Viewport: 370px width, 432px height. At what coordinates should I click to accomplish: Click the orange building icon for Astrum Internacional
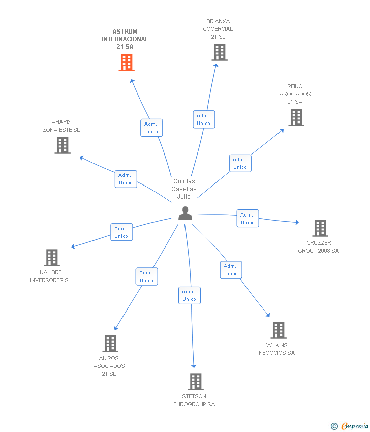tap(127, 63)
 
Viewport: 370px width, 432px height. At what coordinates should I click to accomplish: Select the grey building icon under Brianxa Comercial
tap(220, 52)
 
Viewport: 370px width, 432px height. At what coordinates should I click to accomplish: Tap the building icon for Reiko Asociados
tap(296, 117)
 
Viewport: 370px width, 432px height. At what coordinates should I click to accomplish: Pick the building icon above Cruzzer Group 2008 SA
tap(320, 228)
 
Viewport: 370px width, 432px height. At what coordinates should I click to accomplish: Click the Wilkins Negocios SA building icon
tap(279, 330)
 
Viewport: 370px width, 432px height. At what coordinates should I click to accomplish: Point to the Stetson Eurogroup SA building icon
tap(196, 382)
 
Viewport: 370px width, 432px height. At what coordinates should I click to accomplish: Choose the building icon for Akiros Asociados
tap(110, 344)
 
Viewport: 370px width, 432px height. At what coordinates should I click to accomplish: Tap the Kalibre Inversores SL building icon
tap(52, 258)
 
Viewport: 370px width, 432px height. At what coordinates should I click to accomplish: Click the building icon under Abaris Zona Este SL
tap(63, 145)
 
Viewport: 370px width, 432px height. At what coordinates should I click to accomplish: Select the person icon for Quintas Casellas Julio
tap(185, 213)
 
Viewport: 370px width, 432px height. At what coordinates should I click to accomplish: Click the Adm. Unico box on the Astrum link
tap(151, 128)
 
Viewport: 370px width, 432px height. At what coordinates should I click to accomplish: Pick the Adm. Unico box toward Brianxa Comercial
tap(204, 119)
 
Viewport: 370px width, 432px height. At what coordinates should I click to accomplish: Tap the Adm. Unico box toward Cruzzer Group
tap(248, 218)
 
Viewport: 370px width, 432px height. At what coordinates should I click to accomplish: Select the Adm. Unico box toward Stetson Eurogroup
tap(190, 295)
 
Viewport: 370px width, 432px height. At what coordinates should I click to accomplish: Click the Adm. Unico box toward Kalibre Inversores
tap(122, 232)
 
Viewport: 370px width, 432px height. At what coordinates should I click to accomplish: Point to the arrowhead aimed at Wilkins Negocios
tap(268, 315)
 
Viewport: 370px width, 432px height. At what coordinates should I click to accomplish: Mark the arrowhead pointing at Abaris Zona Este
tap(81, 158)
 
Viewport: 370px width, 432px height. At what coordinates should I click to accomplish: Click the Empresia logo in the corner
tap(350, 426)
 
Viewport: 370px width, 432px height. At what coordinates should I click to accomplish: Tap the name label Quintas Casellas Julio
tap(184, 189)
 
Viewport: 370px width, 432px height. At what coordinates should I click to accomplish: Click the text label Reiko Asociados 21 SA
tap(295, 94)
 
